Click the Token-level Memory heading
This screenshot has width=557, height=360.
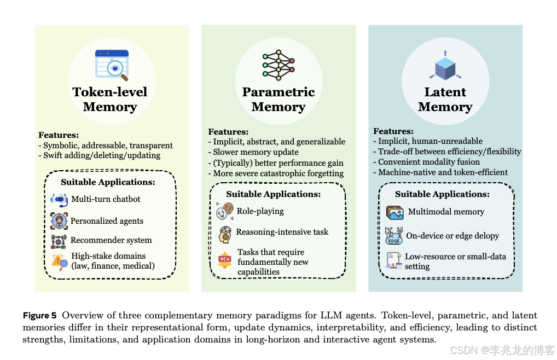point(110,99)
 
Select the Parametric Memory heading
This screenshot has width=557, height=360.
point(278,99)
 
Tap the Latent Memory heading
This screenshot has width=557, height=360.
point(445,99)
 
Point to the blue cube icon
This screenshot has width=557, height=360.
point(445,66)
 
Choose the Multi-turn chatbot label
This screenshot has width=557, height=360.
point(106,199)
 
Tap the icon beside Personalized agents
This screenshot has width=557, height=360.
point(59,220)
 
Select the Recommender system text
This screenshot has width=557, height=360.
point(111,240)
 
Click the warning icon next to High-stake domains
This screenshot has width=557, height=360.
point(59,262)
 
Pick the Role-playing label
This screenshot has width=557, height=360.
point(260,211)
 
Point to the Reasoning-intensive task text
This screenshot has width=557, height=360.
point(282,232)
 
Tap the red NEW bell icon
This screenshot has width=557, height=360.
point(225,259)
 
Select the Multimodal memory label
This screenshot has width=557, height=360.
point(446,212)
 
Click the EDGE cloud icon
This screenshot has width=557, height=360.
point(394,235)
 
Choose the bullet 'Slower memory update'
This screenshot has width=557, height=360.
point(256,152)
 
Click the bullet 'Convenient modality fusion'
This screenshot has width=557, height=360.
point(429,161)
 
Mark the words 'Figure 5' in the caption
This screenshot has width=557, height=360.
point(39,316)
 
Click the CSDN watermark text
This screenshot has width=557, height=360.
point(502,350)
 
